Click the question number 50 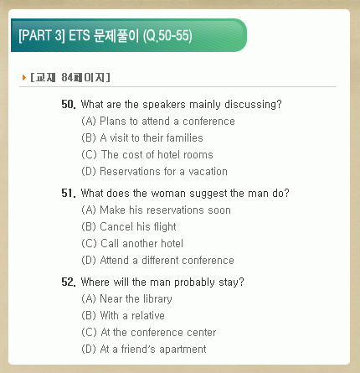click(x=69, y=105)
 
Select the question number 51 click(x=69, y=194)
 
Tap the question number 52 click(x=69, y=282)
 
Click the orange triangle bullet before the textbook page click(x=24, y=77)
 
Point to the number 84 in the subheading click(x=67, y=77)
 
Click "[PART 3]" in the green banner click(x=42, y=36)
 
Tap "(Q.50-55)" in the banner click(x=167, y=36)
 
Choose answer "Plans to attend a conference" click(x=167, y=122)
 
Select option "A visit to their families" click(x=152, y=138)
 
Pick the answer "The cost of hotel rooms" click(x=157, y=155)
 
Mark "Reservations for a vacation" click(x=164, y=172)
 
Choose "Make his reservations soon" click(x=165, y=210)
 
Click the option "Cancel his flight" click(x=138, y=227)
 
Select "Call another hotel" click(x=142, y=244)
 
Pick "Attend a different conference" click(x=167, y=261)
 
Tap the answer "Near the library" click(x=136, y=299)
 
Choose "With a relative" click(x=132, y=316)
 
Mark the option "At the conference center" click(x=158, y=333)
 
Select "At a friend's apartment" click(x=153, y=350)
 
